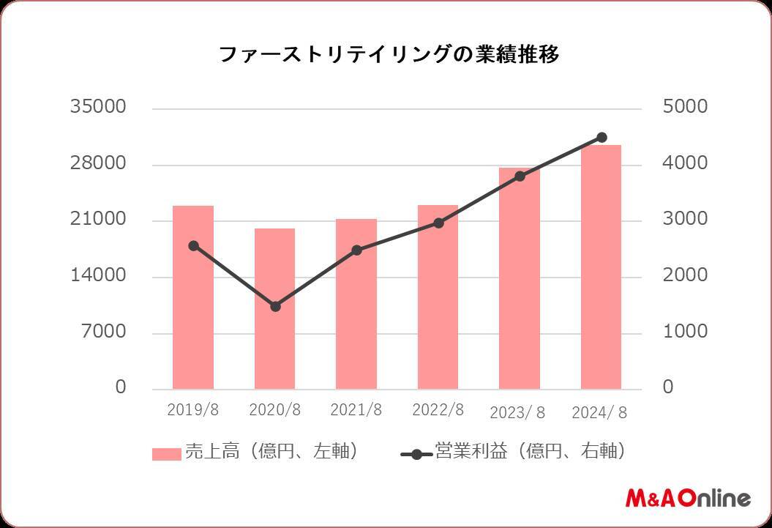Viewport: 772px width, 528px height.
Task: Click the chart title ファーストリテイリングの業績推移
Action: [389, 55]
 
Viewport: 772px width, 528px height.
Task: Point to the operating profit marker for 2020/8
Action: [275, 306]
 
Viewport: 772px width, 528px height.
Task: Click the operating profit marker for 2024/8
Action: [602, 137]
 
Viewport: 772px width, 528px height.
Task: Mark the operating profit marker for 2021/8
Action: [356, 250]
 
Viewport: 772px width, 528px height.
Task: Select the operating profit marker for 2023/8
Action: [520, 176]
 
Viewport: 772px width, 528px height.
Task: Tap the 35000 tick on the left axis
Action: [98, 107]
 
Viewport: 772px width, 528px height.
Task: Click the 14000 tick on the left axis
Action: [98, 276]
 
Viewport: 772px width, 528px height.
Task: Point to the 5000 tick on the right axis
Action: [685, 107]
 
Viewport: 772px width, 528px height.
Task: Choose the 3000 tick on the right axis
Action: [685, 220]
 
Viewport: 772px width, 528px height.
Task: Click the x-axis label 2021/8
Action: [356, 410]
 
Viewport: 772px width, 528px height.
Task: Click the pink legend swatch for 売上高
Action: [166, 454]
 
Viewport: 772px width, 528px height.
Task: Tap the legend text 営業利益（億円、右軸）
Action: [530, 452]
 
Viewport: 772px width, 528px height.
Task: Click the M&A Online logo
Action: [688, 498]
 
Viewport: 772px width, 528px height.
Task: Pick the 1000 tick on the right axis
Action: [685, 332]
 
